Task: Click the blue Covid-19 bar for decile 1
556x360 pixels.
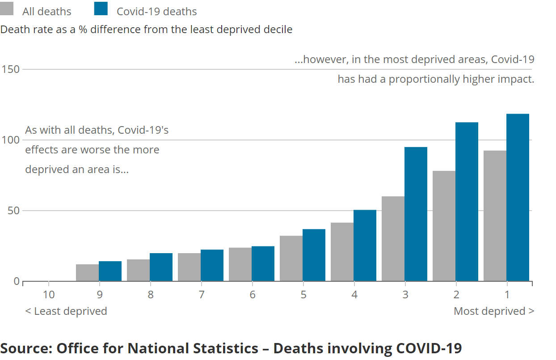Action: [x=518, y=197]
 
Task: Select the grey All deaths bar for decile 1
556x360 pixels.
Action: [x=495, y=216]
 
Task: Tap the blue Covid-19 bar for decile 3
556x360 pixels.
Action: [x=416, y=214]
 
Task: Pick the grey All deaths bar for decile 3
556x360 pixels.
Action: [x=393, y=238]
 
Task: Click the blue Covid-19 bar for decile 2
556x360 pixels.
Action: [x=467, y=201]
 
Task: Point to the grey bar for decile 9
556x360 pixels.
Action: [x=87, y=272]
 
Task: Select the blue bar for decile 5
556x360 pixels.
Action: [x=314, y=255]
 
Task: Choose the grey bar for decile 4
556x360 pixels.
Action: [x=342, y=252]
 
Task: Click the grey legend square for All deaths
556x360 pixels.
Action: [x=7, y=8]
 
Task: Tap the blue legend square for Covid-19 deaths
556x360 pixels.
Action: [x=101, y=8]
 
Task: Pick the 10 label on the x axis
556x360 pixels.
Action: [x=48, y=295]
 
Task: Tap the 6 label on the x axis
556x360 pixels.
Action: [x=253, y=295]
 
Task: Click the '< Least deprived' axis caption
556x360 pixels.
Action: [x=66, y=311]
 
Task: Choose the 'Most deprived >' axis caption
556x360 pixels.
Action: [x=494, y=311]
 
